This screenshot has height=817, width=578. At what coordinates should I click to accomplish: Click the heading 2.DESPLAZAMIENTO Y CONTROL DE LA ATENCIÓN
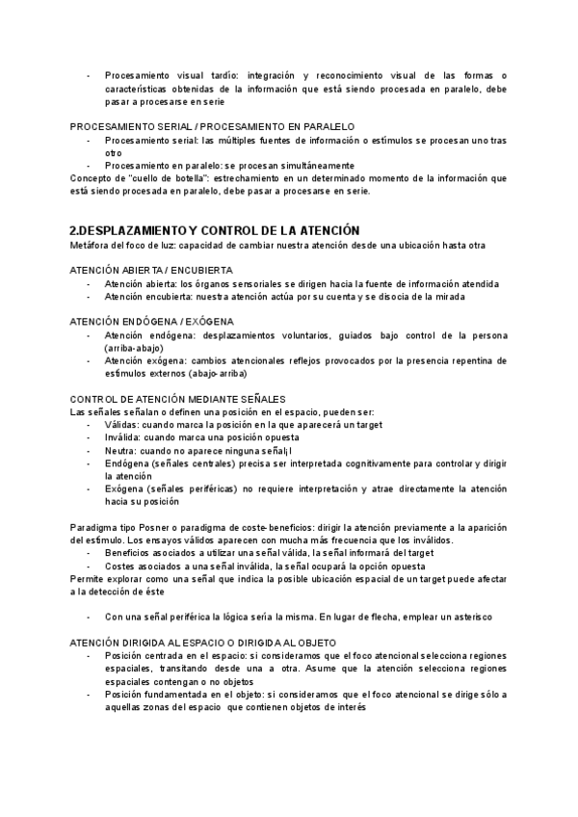point(215,230)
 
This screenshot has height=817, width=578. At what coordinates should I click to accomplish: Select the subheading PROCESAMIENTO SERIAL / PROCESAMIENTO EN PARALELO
point(213,126)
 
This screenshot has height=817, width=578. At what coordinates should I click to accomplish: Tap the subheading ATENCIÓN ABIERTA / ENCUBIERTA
point(152,271)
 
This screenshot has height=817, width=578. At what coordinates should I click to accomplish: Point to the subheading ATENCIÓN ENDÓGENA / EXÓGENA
point(152,321)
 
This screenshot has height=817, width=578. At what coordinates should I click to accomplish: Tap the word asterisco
point(467,616)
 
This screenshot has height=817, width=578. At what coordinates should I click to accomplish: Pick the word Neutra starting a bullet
point(120,450)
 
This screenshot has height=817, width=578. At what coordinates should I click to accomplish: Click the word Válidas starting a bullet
point(122,424)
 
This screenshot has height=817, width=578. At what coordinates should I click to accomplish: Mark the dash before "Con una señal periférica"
point(90,616)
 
